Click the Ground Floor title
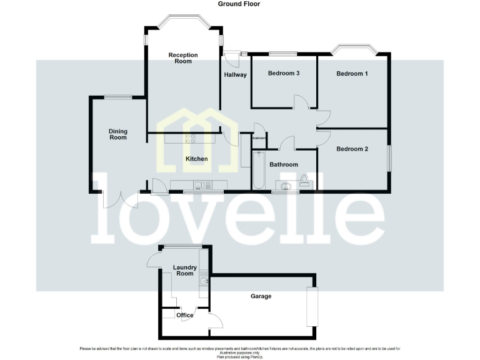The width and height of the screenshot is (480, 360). pyautogui.click(x=239, y=4)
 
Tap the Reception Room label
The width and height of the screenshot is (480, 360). pyautogui.click(x=183, y=58)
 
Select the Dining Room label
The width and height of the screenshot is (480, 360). pyautogui.click(x=118, y=134)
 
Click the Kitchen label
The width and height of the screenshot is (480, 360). pyautogui.click(x=196, y=159)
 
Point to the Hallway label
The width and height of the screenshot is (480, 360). pyautogui.click(x=235, y=75)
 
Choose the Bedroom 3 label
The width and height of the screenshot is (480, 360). pyautogui.click(x=284, y=73)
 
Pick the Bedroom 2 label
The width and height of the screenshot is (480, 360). pyautogui.click(x=352, y=149)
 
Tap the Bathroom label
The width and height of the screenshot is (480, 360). pyautogui.click(x=284, y=165)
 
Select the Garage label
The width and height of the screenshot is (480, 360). pyautogui.click(x=261, y=296)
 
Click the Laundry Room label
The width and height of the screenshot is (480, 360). pyautogui.click(x=185, y=271)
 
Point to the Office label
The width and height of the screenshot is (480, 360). pyautogui.click(x=185, y=315)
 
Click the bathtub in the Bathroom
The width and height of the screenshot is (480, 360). pyautogui.click(x=259, y=170)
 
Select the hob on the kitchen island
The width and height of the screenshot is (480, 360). pyautogui.click(x=190, y=139)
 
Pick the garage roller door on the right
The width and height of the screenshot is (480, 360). pyautogui.click(x=311, y=306)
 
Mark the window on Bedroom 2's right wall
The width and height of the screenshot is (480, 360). pyautogui.click(x=389, y=158)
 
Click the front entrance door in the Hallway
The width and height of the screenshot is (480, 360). pyautogui.click(x=232, y=58)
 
